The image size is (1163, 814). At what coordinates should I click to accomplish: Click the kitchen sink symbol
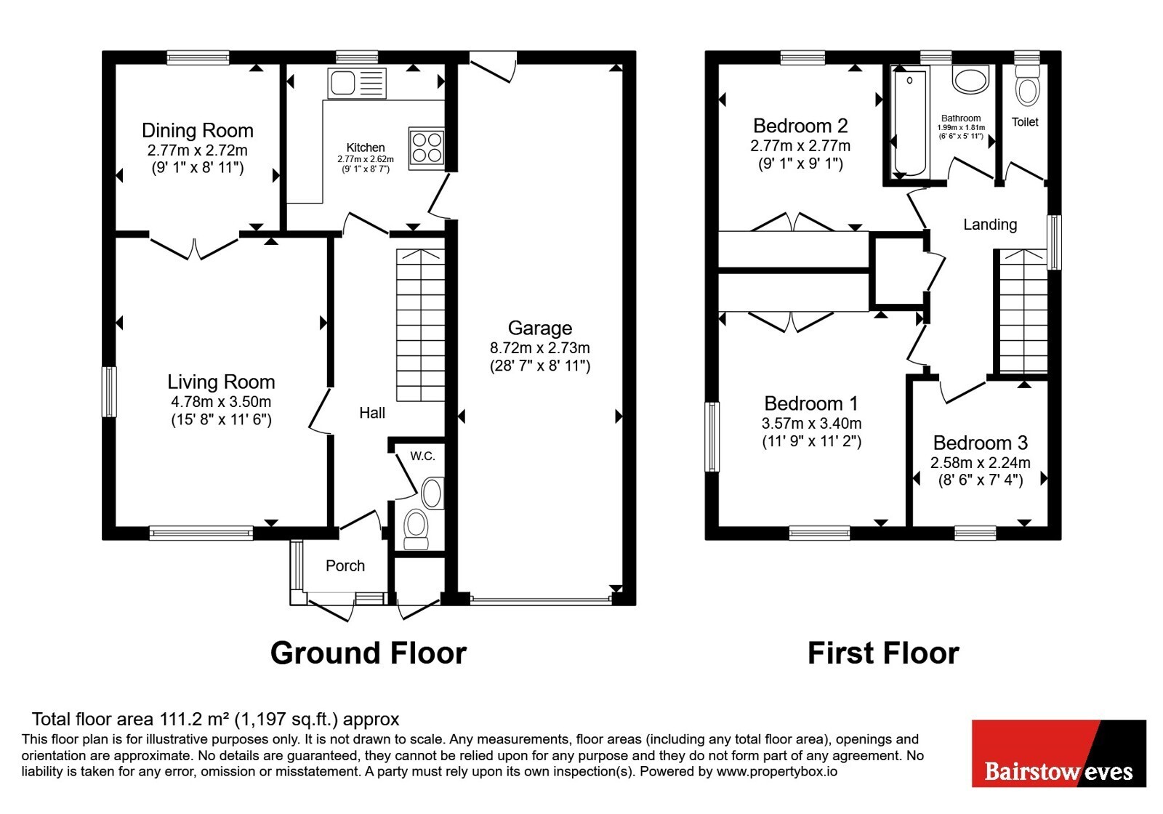[357, 83]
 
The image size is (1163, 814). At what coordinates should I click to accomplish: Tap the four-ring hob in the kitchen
[426, 148]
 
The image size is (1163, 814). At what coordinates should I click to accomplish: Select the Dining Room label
[198, 130]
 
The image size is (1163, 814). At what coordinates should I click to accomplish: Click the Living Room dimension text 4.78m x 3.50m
[221, 402]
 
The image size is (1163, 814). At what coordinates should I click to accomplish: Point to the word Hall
[372, 414]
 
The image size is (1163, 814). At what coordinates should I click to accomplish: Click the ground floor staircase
[421, 325]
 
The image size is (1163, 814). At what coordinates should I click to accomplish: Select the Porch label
[345, 566]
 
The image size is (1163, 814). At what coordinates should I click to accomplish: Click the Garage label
[540, 328]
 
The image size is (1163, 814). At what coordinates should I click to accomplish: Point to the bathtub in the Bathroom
[909, 124]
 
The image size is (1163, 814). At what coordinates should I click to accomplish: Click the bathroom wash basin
[971, 80]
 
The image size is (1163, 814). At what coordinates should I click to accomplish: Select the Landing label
[990, 225]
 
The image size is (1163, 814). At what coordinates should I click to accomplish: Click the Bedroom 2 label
[800, 126]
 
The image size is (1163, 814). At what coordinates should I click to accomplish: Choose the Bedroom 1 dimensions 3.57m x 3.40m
[811, 424]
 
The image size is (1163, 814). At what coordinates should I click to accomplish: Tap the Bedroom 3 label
[981, 443]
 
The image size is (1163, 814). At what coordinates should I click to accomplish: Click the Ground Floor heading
[368, 653]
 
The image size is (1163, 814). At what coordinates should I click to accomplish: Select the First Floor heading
[883, 653]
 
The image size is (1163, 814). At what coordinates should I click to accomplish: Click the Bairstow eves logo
[1059, 753]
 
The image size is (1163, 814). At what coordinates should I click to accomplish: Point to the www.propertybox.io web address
[777, 771]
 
